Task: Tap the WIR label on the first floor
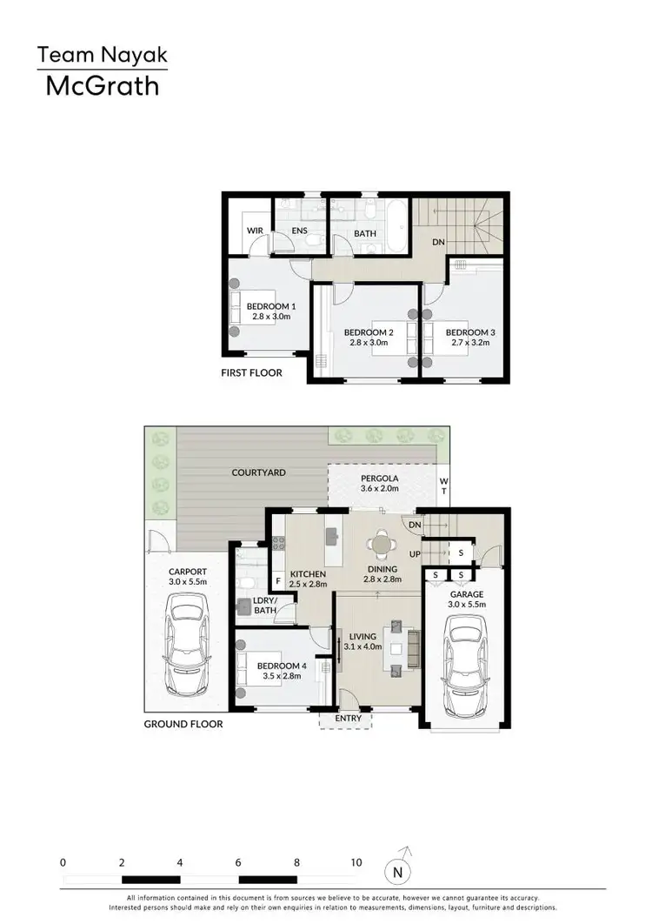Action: [255, 231]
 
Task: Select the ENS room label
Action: [300, 231]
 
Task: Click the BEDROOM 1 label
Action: [271, 306]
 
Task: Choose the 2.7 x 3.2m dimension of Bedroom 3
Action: [469, 343]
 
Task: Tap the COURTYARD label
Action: [259, 472]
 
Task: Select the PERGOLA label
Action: [379, 479]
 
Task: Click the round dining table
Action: [381, 544]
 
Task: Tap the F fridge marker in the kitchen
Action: [277, 579]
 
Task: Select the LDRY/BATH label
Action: [264, 606]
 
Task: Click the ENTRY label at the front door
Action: [348, 719]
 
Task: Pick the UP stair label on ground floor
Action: [415, 553]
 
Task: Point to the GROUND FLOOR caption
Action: [183, 724]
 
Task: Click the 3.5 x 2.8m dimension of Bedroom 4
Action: [279, 678]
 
